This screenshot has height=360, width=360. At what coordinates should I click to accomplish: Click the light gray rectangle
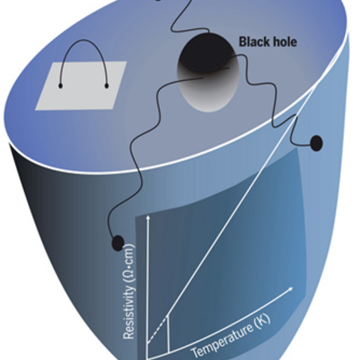coord(80,85)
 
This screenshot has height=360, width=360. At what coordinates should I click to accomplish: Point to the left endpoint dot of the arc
coord(60,86)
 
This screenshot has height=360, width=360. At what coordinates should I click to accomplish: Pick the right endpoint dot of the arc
coord(106,86)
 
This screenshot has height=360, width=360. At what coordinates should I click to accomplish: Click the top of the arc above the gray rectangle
coord(84,40)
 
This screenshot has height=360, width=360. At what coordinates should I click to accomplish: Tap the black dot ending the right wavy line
coord(316,143)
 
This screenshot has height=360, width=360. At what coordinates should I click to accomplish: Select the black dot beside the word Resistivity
coord(118,242)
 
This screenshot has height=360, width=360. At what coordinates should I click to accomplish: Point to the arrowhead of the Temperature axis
coord(290,289)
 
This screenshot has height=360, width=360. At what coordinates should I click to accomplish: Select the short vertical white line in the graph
coord(169,333)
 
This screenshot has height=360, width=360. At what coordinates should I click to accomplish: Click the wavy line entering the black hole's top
coord(185,16)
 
